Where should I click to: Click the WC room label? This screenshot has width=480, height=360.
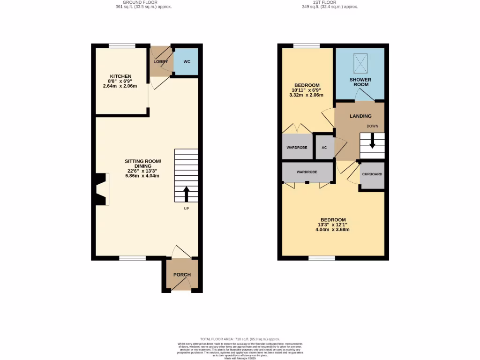coord(187,61)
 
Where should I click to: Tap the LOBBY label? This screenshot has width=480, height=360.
coord(161,61)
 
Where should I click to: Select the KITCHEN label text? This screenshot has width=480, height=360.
coord(120,76)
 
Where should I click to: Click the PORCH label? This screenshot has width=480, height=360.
coord(182,275)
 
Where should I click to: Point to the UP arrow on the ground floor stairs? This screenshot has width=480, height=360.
coord(186,194)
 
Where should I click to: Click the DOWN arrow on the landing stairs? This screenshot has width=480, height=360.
coord(372,141)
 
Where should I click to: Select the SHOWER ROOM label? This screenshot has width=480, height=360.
coord(360,82)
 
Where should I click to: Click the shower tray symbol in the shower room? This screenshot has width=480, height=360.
coord(360,61)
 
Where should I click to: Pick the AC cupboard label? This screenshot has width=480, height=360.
coord(324,147)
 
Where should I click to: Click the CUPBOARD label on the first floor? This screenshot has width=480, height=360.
coord(372,174)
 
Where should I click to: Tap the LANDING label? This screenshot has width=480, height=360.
coord(360,116)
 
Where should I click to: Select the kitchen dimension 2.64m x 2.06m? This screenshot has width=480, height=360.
coord(120,86)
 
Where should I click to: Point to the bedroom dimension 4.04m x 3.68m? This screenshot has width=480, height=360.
coord(333,230)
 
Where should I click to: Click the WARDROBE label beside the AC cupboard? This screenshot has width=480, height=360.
coord(297,147)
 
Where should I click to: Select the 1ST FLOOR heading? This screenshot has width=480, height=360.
coord(330,2)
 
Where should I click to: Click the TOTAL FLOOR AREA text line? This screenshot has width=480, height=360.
coord(240,339)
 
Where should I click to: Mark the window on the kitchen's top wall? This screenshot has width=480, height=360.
coord(122,45)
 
